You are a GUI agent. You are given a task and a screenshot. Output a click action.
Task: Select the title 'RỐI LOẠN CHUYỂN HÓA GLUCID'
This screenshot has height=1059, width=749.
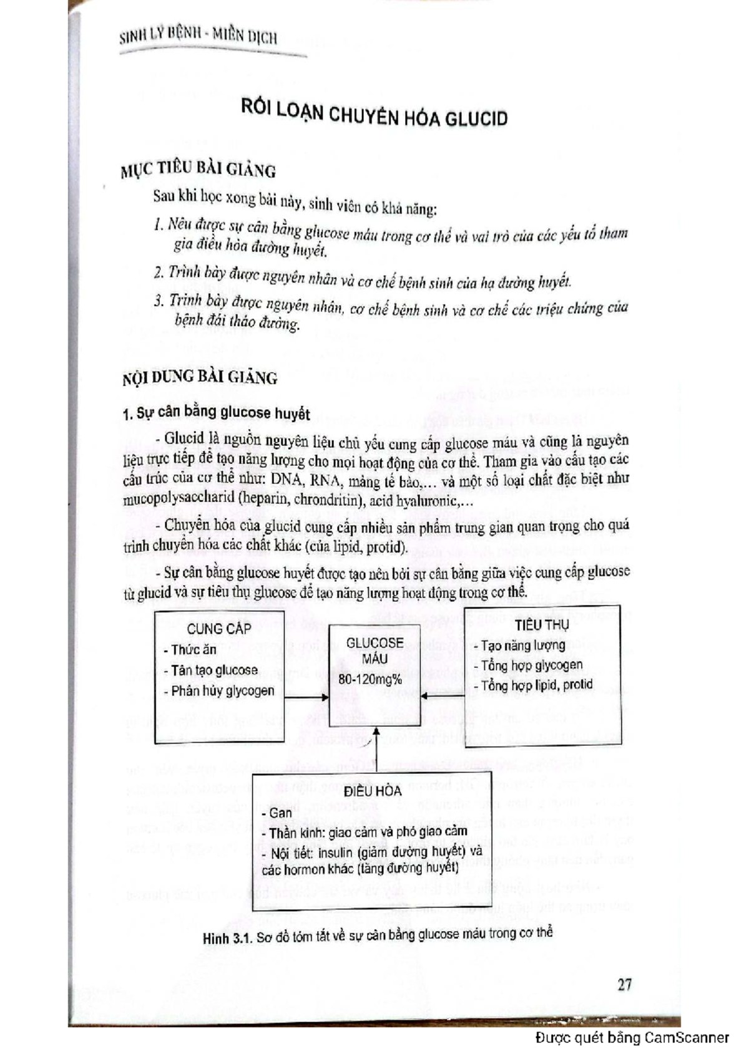tap(374, 114)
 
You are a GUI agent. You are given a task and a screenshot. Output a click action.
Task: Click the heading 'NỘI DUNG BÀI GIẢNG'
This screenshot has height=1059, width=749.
tap(200, 377)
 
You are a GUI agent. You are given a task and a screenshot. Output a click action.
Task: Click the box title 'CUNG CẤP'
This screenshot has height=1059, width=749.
tap(218, 629)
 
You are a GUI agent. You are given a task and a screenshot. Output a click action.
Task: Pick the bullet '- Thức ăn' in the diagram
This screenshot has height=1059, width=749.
tap(190, 650)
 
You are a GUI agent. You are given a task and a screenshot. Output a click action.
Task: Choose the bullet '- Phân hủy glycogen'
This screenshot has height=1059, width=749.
tap(218, 691)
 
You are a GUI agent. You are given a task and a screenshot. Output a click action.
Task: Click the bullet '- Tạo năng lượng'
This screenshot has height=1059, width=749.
tap(519, 646)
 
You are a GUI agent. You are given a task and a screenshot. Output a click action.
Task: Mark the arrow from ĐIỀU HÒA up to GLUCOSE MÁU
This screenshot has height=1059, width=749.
tap(375, 750)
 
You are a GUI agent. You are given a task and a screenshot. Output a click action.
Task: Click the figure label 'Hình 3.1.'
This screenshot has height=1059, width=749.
tap(227, 939)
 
